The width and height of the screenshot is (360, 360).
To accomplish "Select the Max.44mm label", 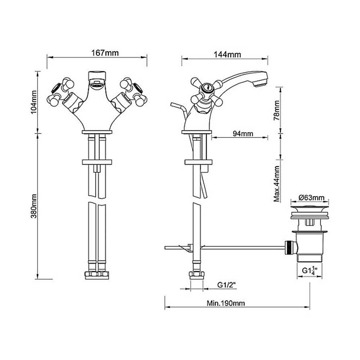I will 277,184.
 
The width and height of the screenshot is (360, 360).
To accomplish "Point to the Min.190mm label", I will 226,303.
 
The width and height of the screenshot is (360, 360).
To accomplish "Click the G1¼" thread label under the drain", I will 309,270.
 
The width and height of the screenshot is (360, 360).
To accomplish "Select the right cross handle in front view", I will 133,92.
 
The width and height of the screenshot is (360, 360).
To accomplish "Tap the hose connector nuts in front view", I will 97,275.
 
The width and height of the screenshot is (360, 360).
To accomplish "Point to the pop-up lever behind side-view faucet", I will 178,107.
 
